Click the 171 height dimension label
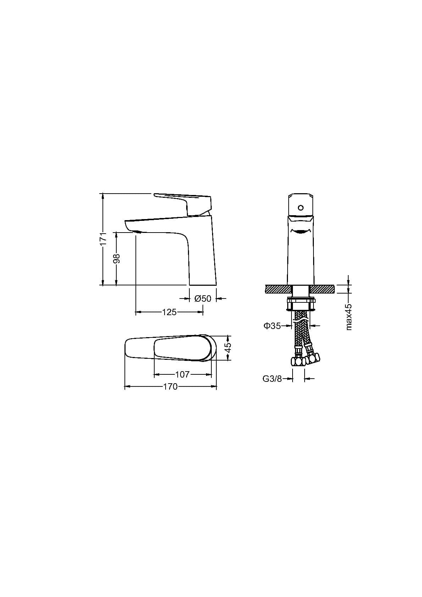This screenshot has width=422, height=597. point(104,239)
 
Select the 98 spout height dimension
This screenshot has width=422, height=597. point(117,258)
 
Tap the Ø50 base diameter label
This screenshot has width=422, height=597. point(202,298)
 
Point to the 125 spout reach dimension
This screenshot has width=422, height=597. point(170,312)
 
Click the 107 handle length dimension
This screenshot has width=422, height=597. point(182,374)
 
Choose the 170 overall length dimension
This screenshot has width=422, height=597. point(170,386)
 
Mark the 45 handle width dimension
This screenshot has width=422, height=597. point(228,347)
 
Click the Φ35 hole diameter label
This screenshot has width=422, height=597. point(272,325)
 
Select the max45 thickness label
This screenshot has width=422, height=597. point(349,317)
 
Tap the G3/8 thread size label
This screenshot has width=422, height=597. point(272,379)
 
